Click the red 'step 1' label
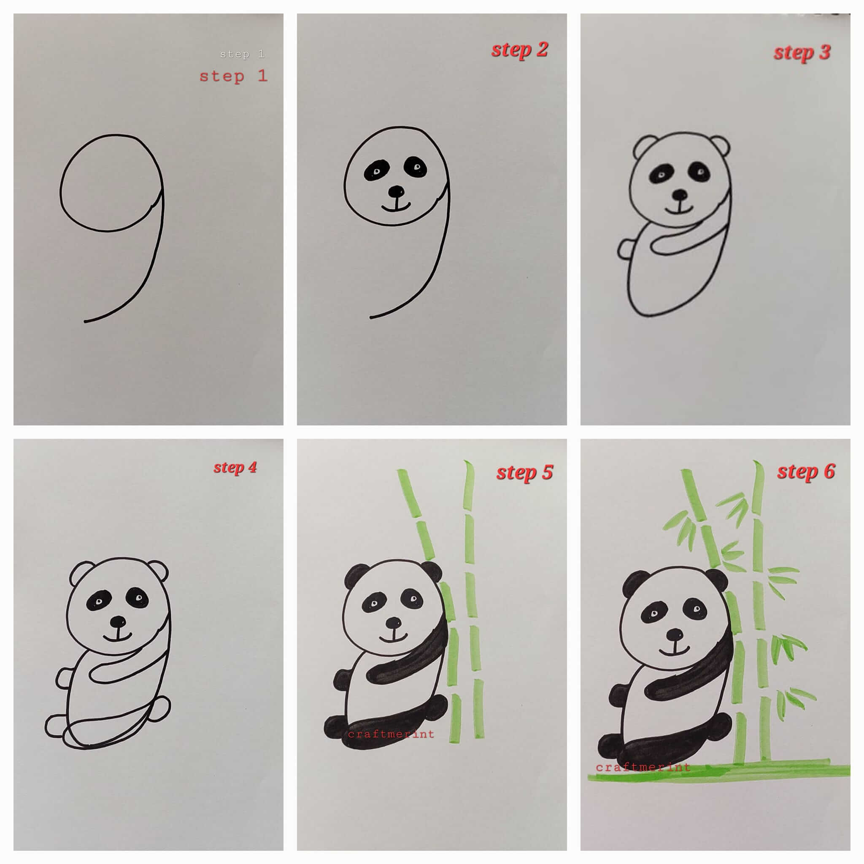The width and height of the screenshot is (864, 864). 233,76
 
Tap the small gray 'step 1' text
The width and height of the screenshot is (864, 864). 242,54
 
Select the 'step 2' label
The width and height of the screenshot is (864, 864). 520,50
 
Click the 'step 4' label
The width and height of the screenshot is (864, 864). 235,468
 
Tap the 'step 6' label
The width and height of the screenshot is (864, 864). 806,472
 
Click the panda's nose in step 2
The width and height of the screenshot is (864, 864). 396,192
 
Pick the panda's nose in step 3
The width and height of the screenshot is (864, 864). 680,195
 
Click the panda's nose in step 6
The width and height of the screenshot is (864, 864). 675,634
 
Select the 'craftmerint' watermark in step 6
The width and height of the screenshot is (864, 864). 643,767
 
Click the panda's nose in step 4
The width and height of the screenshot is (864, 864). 118,621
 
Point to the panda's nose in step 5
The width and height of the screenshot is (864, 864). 394,623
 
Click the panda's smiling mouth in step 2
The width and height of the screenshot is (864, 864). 396,207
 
